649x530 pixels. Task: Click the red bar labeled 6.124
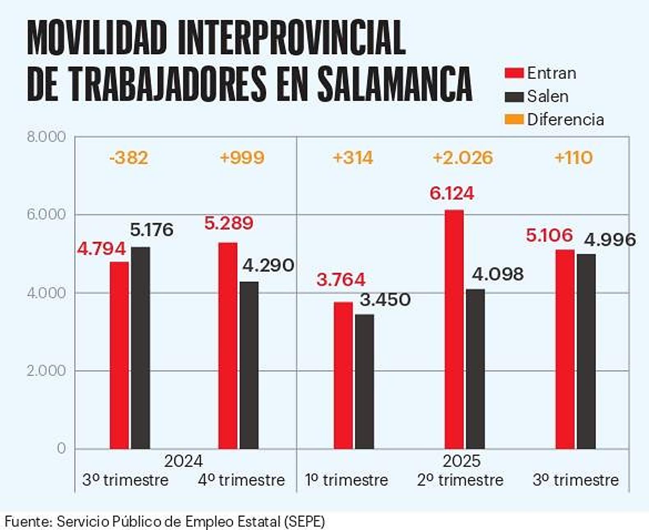click(x=454, y=328)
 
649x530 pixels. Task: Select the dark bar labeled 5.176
click(x=140, y=347)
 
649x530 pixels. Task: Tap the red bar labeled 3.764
click(x=343, y=375)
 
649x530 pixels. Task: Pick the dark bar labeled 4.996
click(x=586, y=351)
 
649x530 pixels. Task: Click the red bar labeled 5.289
click(x=228, y=345)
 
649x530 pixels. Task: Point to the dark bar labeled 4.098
click(x=475, y=369)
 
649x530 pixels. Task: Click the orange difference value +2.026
click(x=463, y=158)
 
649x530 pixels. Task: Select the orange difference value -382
click(x=129, y=158)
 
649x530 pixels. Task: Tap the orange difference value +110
click(x=573, y=158)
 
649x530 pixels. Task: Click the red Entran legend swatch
click(x=514, y=73)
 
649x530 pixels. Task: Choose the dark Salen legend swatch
click(x=514, y=97)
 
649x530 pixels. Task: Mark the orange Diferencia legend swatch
click(x=514, y=119)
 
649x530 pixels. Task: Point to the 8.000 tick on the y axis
click(x=46, y=137)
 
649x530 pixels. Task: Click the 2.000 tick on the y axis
click(x=46, y=371)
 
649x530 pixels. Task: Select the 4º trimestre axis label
click(x=241, y=480)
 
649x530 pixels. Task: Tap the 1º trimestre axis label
click(x=346, y=480)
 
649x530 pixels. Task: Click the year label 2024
click(x=183, y=461)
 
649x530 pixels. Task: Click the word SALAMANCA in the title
click(x=395, y=84)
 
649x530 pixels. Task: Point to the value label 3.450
click(x=385, y=300)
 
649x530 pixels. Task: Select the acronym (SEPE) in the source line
click(x=304, y=521)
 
